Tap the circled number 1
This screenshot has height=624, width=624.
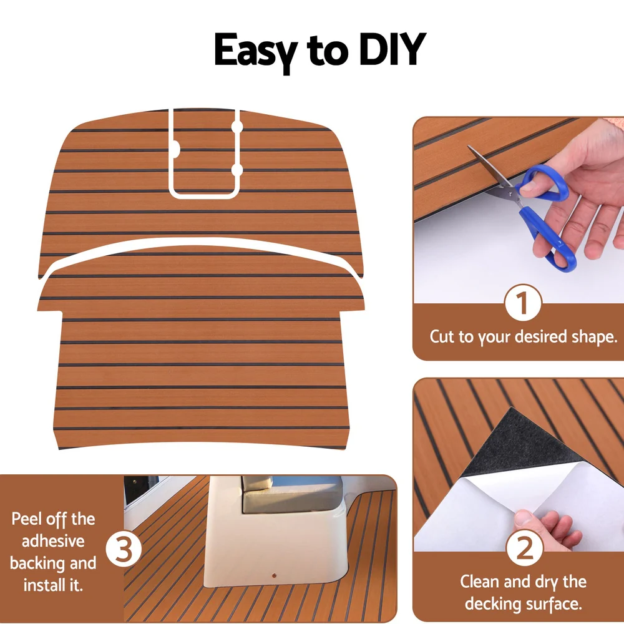[522, 304]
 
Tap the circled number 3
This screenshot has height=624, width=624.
[124, 549]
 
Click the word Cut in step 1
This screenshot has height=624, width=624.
[442, 337]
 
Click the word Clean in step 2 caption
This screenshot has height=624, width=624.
[480, 582]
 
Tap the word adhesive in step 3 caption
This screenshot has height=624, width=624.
[53, 541]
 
